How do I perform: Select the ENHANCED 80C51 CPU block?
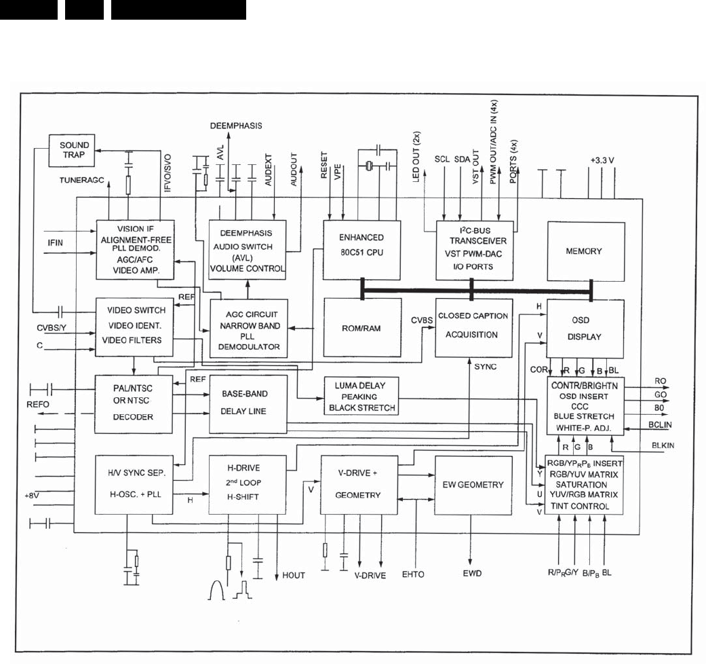[361, 248]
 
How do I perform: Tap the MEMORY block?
[585, 251]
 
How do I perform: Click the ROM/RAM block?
[361, 328]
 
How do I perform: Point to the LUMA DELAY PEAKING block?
[361, 396]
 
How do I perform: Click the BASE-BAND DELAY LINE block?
[248, 403]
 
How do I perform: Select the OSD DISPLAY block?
[585, 328]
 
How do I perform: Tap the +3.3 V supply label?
[602, 162]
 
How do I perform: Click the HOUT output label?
[294, 576]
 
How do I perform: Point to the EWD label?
[473, 574]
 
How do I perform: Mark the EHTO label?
[412, 574]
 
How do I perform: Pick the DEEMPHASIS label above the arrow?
[235, 126]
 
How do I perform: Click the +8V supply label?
[33, 496]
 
